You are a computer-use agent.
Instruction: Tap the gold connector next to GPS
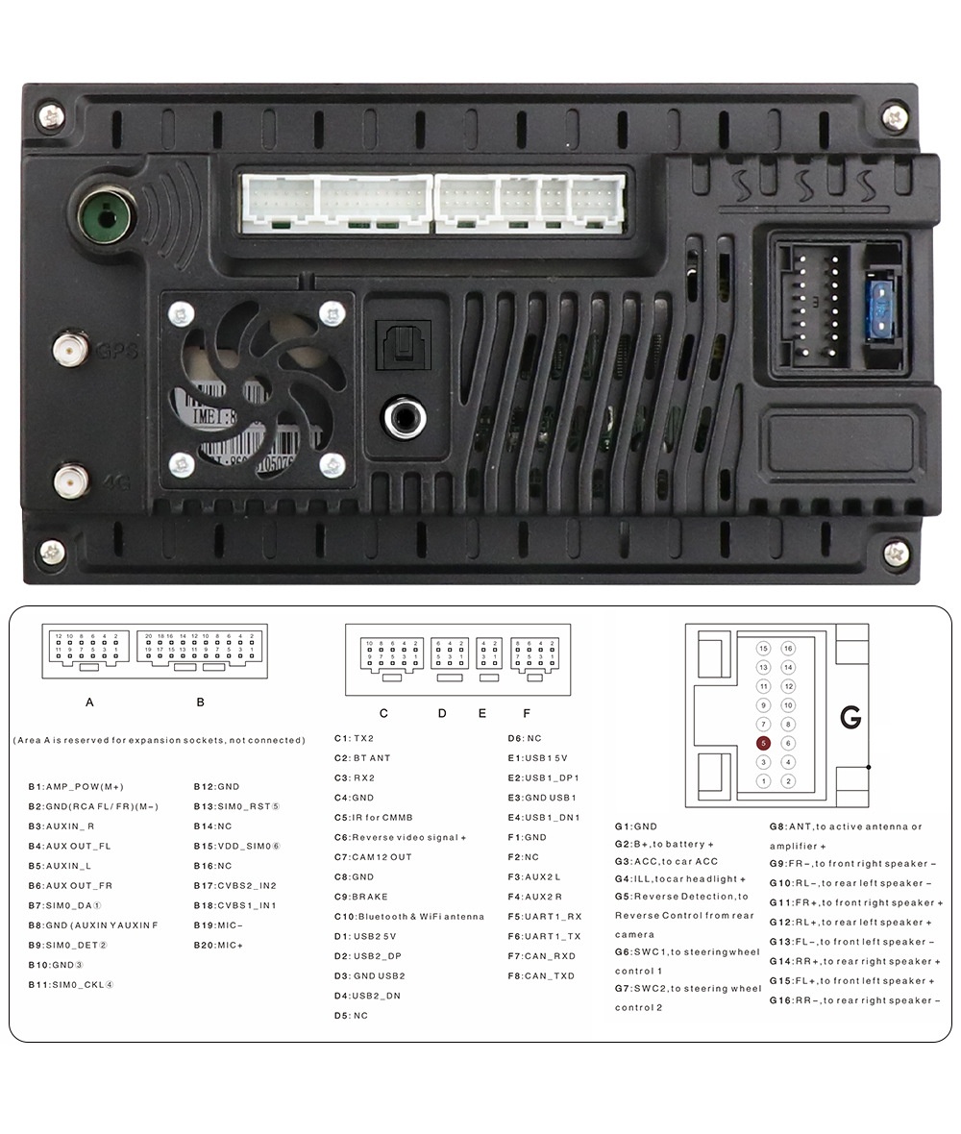coord(71,347)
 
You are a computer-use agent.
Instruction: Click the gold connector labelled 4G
coord(71,481)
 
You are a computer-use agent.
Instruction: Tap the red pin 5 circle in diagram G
coord(763,743)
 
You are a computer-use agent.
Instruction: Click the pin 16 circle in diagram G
coord(788,649)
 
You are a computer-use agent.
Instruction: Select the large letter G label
coord(850,717)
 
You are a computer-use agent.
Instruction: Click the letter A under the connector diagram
coord(89,703)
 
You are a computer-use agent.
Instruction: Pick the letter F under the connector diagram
coord(527,713)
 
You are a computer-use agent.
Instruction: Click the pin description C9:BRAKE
coord(361,897)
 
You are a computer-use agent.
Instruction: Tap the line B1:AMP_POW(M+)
coord(76,786)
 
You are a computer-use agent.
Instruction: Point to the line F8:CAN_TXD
coord(541,975)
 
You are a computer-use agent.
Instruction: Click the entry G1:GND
coord(636,826)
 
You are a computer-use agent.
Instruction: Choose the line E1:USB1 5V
coord(537,758)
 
